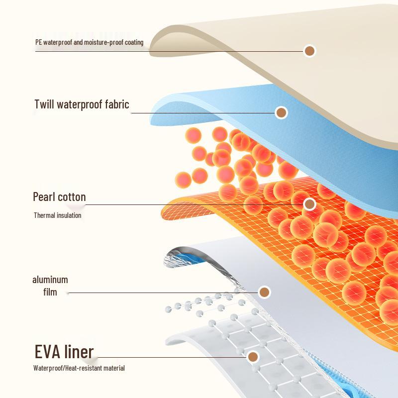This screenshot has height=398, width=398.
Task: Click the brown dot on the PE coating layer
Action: (x=309, y=51)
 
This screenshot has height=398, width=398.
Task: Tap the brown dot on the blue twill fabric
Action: (x=281, y=112)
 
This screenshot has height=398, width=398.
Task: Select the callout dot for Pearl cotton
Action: (x=309, y=204)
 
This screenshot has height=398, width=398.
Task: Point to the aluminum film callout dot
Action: (x=265, y=292)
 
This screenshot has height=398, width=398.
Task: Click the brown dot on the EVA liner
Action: (x=253, y=357)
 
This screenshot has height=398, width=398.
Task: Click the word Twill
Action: (x=44, y=104)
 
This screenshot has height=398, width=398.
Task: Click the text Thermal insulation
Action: (x=58, y=215)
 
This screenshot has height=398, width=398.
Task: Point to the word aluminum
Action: (x=50, y=280)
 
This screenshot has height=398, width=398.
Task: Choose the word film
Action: (x=50, y=292)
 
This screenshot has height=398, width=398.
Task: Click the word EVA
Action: (x=47, y=352)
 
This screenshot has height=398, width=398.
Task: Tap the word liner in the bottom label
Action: (x=79, y=352)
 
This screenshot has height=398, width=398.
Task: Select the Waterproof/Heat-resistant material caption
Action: (x=79, y=368)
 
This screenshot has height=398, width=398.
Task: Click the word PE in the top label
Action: (x=38, y=42)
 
